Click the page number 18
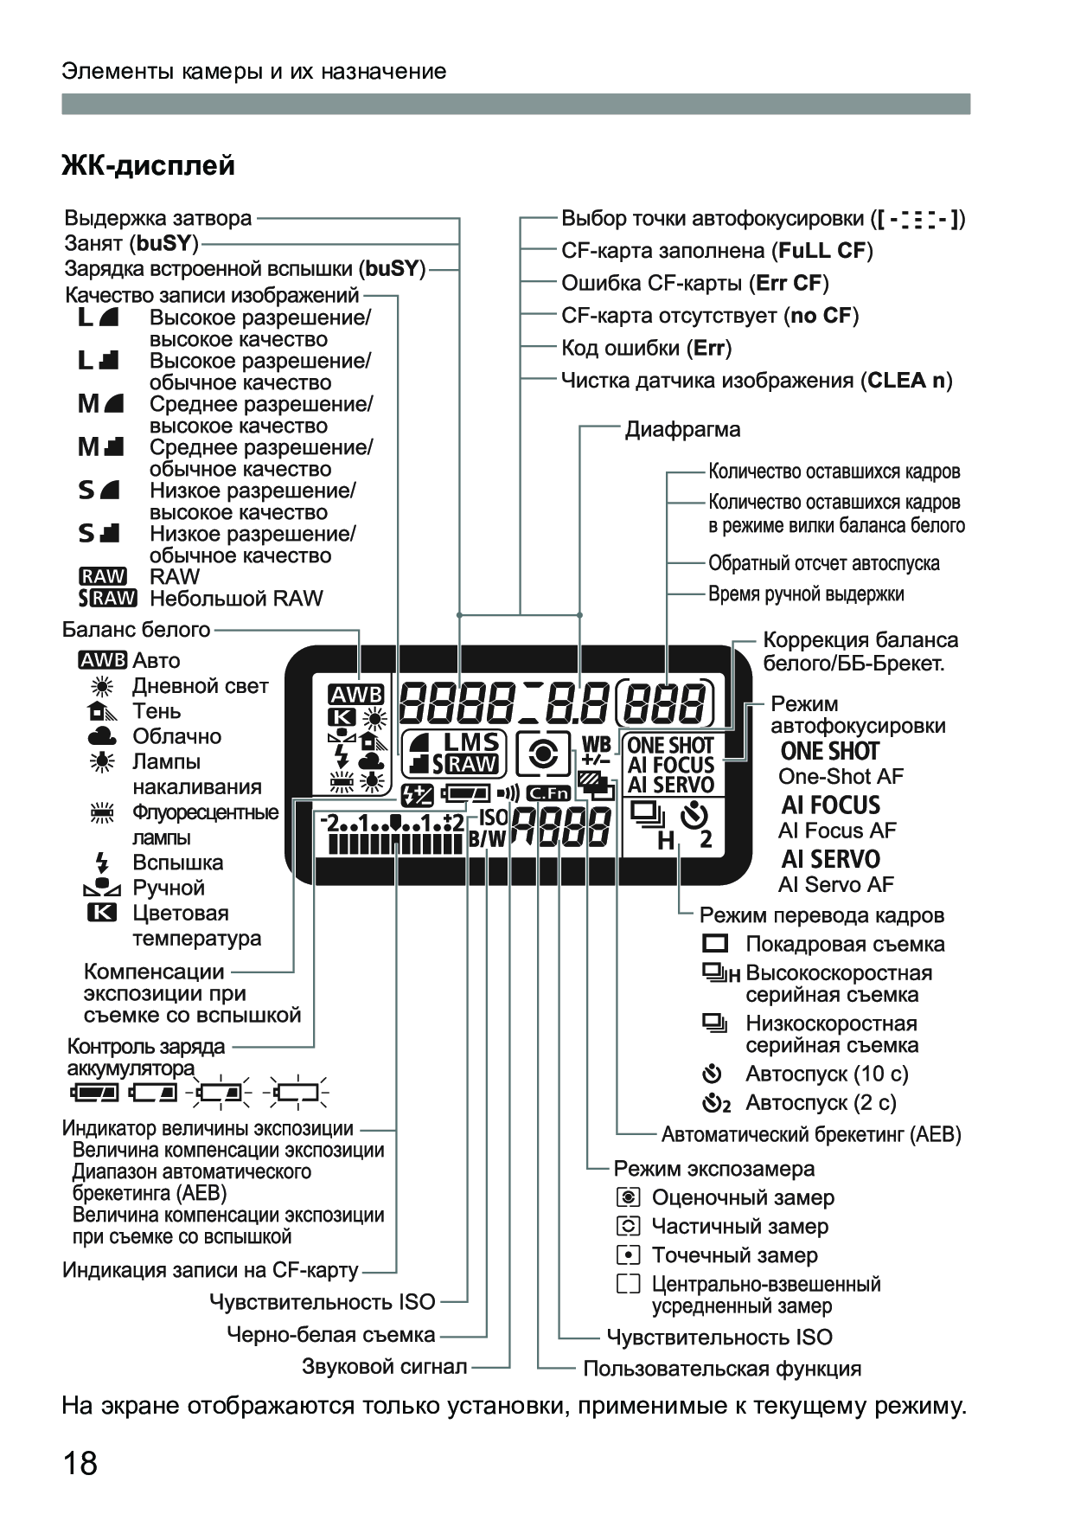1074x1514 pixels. (80, 1464)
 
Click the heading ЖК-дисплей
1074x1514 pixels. (148, 164)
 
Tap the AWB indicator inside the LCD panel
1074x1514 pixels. (355, 695)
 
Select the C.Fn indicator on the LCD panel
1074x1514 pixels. (548, 792)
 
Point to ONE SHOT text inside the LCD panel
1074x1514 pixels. (670, 745)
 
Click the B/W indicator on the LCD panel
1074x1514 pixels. (487, 837)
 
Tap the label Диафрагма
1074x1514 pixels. (682, 429)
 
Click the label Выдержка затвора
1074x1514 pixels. (158, 218)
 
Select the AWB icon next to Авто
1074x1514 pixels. (102, 660)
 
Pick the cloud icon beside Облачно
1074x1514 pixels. (102, 736)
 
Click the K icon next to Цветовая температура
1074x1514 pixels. (102, 913)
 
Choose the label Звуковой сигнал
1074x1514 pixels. (384, 1367)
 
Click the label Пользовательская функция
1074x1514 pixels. (722, 1369)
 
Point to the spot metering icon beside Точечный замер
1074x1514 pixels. (629, 1255)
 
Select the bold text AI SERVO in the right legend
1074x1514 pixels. (830, 859)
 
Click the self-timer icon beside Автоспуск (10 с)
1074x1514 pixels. (712, 1075)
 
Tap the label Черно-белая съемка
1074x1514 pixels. (330, 1335)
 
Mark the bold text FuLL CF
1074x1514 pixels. (822, 251)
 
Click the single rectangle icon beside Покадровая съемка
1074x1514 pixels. (715, 944)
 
